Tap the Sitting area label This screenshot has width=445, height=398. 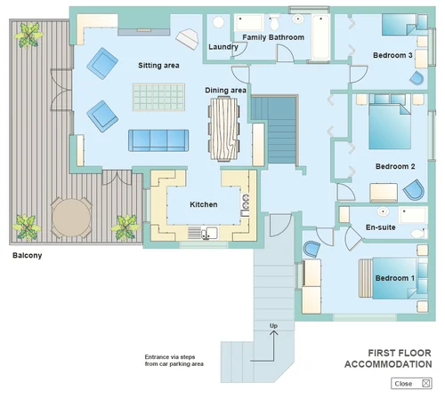point(160,65)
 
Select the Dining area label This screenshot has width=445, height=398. point(226,90)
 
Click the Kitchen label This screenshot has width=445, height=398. point(204,204)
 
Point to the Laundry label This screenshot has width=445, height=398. point(222,47)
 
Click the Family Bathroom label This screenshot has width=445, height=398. point(273,37)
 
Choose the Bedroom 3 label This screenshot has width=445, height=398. point(392,56)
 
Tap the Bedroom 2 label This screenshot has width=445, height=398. point(395,166)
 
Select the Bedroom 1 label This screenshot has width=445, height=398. point(393,278)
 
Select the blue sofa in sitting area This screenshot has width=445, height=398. point(159,139)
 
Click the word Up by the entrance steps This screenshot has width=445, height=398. point(273,326)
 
